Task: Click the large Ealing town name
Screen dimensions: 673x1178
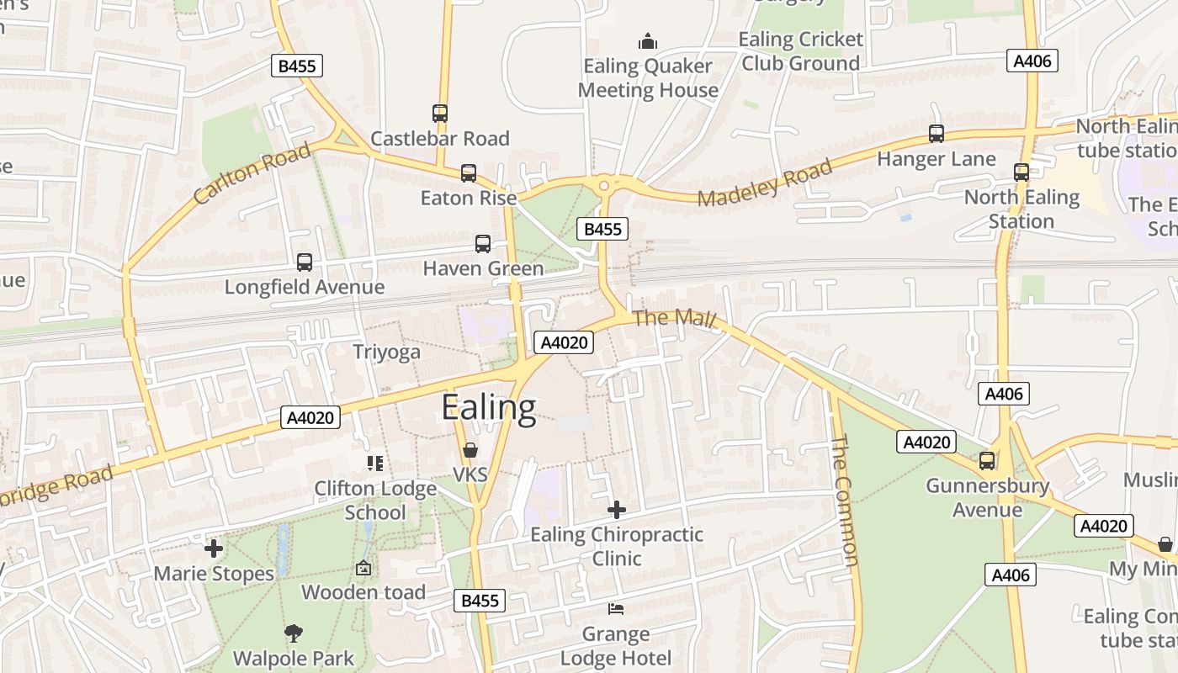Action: click(488, 408)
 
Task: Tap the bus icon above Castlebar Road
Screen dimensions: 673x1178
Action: click(440, 113)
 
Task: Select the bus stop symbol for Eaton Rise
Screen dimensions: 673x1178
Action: click(469, 173)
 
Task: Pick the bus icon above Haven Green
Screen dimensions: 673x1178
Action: click(483, 244)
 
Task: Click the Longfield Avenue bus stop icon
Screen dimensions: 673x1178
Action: click(305, 262)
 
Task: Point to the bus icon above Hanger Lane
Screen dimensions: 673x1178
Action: click(936, 134)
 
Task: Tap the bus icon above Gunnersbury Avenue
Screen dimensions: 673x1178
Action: click(986, 461)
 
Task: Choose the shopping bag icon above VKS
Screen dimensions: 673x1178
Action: click(470, 450)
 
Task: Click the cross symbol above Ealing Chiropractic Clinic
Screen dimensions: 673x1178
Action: click(617, 509)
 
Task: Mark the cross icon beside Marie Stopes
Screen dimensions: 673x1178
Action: click(214, 548)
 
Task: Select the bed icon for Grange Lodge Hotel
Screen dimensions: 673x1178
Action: click(616, 608)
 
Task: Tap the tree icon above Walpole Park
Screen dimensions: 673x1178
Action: click(294, 633)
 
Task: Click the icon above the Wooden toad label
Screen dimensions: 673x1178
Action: click(363, 568)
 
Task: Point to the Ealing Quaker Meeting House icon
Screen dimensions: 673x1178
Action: click(648, 40)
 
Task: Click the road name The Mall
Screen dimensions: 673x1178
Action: click(674, 319)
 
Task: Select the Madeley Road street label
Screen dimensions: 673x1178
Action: click(765, 182)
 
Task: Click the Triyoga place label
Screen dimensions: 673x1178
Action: click(386, 352)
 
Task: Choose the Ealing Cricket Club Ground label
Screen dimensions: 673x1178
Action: click(801, 51)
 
